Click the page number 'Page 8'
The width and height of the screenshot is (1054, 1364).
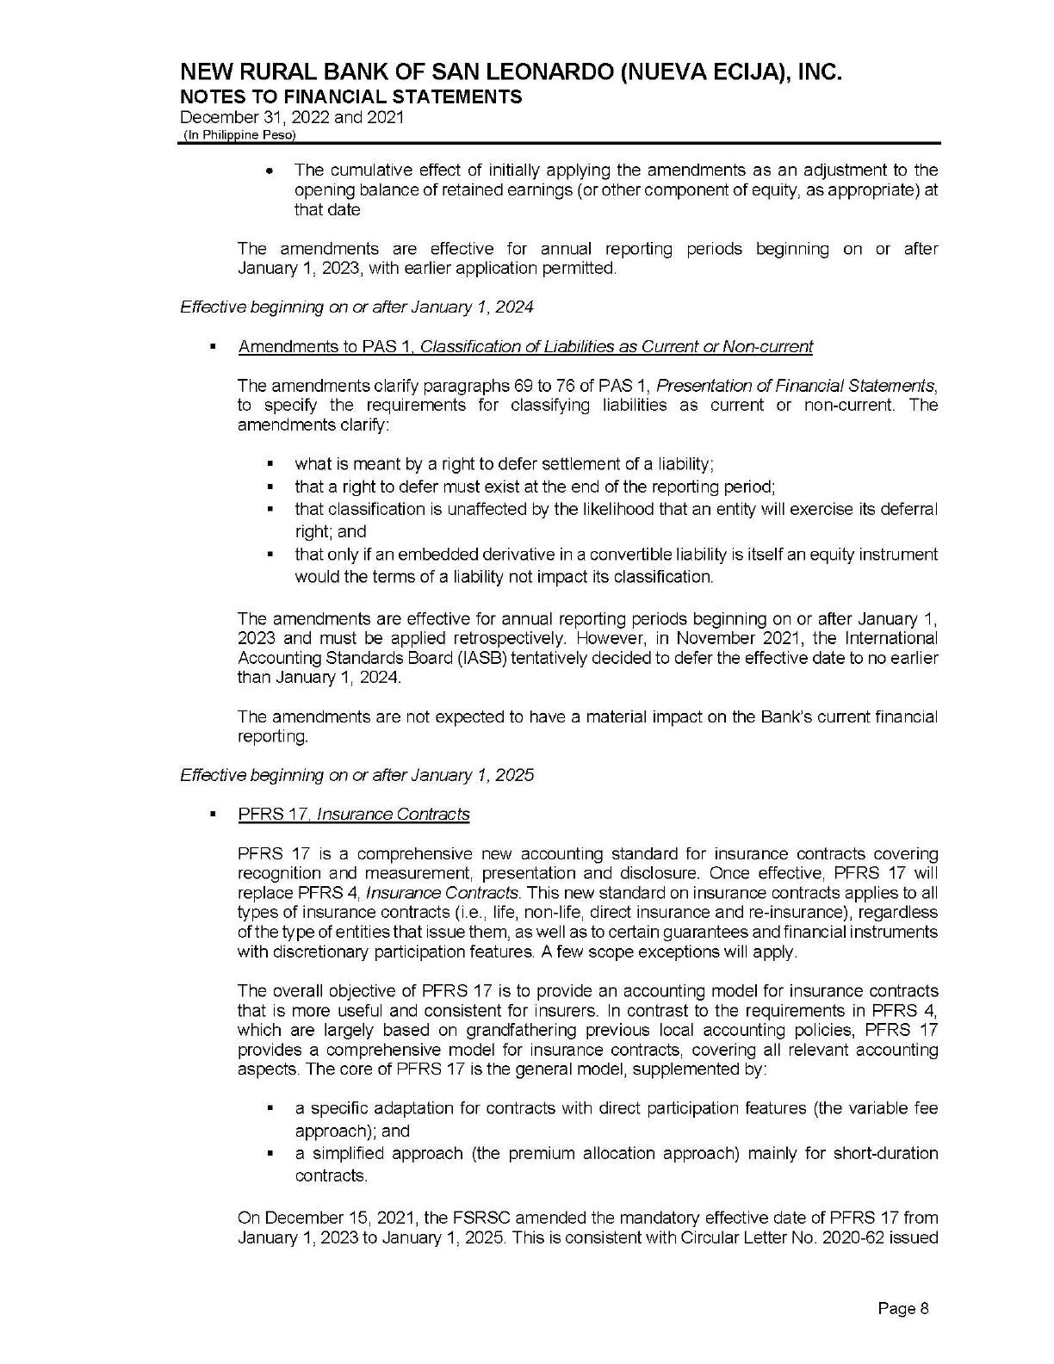[x=902, y=1309]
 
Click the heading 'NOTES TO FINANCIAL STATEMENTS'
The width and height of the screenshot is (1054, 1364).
[x=351, y=96]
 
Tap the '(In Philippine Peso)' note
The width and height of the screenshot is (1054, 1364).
[x=238, y=136]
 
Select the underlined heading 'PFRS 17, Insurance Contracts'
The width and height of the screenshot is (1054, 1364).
[x=354, y=814]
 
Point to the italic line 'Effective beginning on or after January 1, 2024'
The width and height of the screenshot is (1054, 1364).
[x=356, y=307]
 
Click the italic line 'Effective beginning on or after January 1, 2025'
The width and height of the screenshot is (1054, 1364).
[x=356, y=775]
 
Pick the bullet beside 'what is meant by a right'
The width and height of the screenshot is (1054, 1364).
[x=272, y=465]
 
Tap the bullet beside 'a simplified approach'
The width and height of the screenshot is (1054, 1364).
[x=272, y=1153]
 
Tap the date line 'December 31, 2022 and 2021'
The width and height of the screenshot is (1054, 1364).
[x=292, y=118]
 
